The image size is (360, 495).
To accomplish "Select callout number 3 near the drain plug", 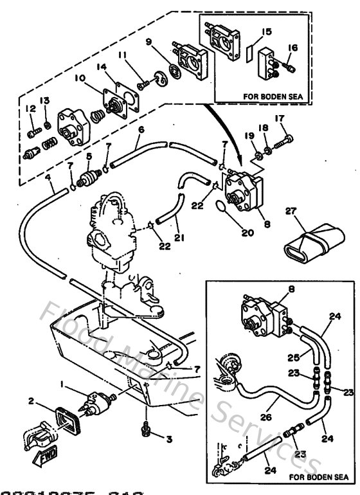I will tap(168, 440).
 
